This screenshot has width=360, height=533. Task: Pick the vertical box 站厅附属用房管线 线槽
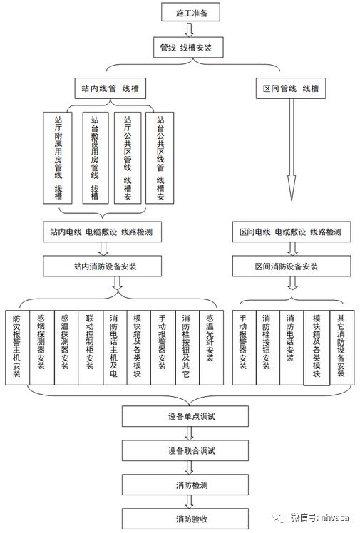(x=58, y=157)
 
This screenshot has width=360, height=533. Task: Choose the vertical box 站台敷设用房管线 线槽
(x=94, y=157)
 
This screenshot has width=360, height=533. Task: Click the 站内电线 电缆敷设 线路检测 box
(x=106, y=232)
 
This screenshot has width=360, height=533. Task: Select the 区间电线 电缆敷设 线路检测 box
(x=290, y=232)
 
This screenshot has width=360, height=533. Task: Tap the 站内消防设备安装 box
(x=106, y=266)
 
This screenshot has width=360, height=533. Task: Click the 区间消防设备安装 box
(x=290, y=266)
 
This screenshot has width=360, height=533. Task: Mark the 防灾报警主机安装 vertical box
(x=16, y=347)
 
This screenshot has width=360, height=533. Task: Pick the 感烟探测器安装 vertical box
(x=41, y=347)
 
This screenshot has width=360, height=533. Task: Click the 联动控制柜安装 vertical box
(x=89, y=347)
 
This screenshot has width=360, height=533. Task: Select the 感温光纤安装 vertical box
(x=210, y=347)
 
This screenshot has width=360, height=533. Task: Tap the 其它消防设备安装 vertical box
(x=340, y=347)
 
